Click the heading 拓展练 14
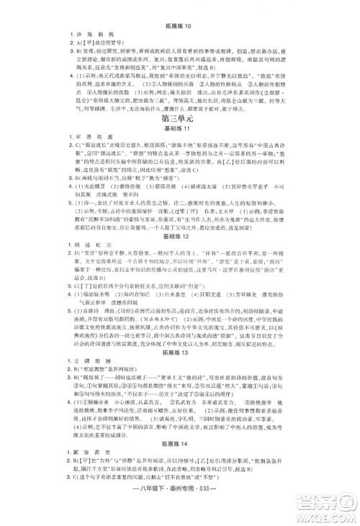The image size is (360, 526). point(179,456)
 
